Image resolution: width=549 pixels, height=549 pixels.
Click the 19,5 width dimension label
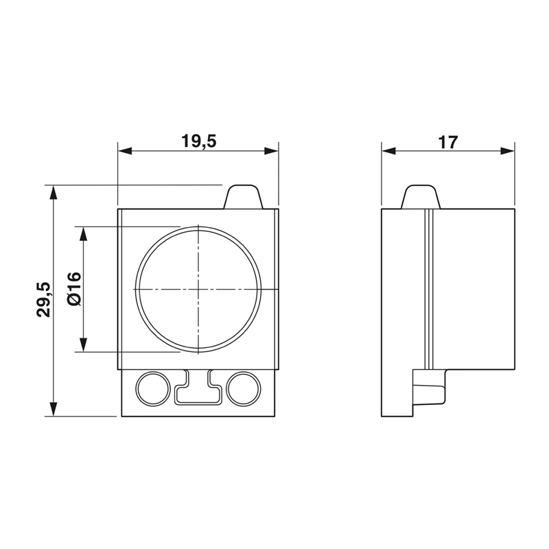tap(199, 141)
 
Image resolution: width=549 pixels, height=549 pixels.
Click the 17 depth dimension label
tap(448, 142)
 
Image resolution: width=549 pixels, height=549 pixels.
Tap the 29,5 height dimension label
tap(45, 299)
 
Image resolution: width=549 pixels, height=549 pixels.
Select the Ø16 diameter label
tap(75, 289)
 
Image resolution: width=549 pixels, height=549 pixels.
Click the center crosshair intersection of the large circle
tap(198, 290)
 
